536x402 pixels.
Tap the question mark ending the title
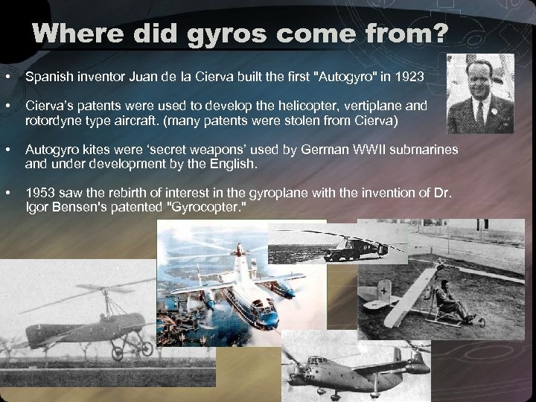click(x=440, y=35)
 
